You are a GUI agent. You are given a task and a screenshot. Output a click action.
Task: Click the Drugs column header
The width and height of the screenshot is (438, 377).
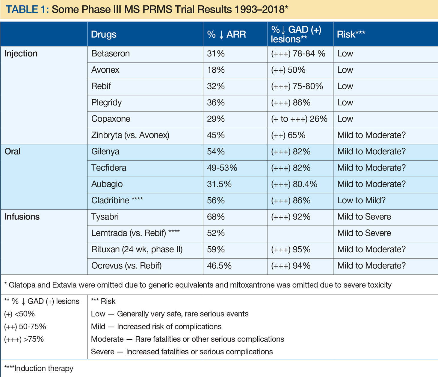[104, 34]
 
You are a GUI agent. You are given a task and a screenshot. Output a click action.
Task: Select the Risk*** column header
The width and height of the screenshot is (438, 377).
[351, 34]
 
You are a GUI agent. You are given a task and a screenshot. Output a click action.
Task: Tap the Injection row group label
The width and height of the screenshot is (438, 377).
[21, 54]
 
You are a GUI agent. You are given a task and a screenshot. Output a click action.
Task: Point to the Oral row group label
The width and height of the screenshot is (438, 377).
[13, 151]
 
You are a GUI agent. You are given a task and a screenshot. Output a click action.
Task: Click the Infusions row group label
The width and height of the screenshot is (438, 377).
[22, 217]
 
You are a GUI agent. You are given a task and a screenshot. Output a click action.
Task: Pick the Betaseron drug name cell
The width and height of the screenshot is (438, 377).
[111, 54]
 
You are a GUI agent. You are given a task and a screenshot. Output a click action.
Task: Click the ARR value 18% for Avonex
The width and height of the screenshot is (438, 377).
[216, 70]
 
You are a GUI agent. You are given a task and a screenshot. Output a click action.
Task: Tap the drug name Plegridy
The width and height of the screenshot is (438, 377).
[106, 103]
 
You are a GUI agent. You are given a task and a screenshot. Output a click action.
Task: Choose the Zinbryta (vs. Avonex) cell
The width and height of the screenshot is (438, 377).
[130, 135]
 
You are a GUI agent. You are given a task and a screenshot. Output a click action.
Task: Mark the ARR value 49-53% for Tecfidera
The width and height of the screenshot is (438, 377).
[222, 168]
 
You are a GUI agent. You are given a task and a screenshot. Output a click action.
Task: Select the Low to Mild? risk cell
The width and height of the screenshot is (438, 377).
[361, 200]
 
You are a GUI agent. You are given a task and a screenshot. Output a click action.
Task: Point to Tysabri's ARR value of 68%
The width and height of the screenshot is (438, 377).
[216, 217]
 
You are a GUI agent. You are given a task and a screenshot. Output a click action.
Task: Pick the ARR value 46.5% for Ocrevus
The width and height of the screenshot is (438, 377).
[219, 265]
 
